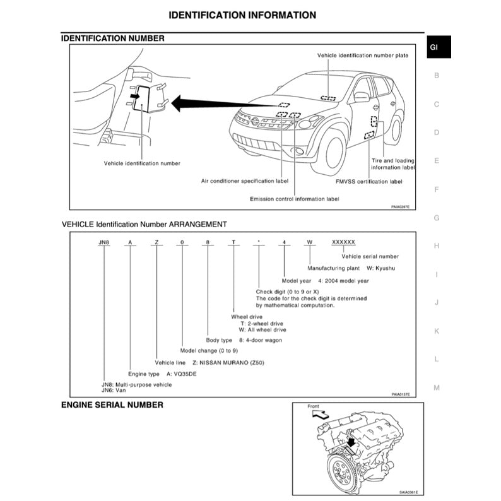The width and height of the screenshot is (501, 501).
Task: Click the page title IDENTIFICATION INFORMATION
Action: pos(243,15)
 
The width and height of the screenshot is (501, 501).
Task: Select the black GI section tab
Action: pos(437,47)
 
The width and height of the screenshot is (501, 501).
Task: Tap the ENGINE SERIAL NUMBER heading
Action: pos(112,404)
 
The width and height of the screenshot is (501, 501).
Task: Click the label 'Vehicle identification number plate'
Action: pos(362,56)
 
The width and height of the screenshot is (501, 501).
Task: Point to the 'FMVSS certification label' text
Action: pos(368,181)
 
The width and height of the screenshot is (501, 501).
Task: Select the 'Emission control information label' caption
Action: pos(294,198)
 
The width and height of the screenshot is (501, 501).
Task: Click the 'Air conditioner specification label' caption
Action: pos(244,181)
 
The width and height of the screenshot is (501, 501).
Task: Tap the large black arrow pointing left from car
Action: pos(196,102)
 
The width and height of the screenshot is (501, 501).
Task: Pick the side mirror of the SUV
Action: pos(361,97)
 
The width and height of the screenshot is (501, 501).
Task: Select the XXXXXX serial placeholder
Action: pos(344,242)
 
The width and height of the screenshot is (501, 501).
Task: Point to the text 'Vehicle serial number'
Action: pos(370,256)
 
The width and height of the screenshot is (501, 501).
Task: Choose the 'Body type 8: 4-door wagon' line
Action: pos(244,339)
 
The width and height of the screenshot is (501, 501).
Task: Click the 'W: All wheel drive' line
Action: pos(262,329)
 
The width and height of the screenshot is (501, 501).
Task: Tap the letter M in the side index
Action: pos(436,387)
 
